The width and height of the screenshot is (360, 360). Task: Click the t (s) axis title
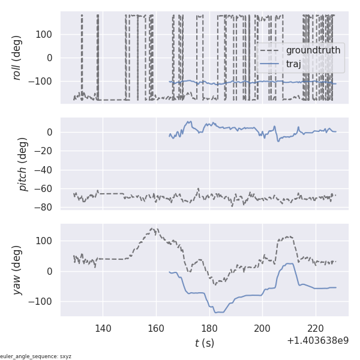tap(204, 343)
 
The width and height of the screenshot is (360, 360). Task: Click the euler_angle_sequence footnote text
tap(36, 356)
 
